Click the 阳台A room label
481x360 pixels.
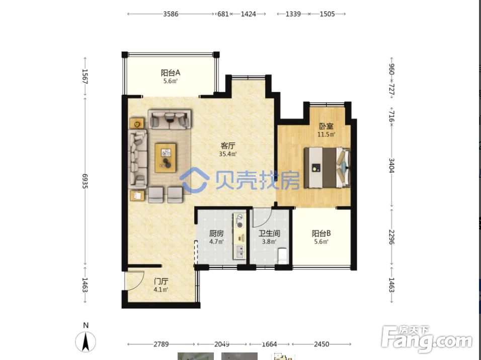pos(170,73)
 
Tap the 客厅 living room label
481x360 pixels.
pos(227,146)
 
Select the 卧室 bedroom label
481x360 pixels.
pos(326,126)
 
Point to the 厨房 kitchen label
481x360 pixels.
pos(216,234)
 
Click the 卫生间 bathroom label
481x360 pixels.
pos(269,234)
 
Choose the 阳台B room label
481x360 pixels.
pos(321,234)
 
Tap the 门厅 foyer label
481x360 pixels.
pos(161,281)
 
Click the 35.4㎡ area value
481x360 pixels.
pos(227,154)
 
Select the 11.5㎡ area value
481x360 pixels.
pos(326,134)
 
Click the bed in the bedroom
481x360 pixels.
pos(327,168)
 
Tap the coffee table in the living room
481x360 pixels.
pos(166,158)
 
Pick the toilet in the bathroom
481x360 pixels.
pos(283,256)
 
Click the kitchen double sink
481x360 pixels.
pos(239,251)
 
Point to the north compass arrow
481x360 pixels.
pos(86,341)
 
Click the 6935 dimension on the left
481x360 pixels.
pos(85,181)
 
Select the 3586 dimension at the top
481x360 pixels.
pos(171,14)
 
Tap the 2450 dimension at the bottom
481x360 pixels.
pos(322,344)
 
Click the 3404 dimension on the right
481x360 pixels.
pos(391,165)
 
